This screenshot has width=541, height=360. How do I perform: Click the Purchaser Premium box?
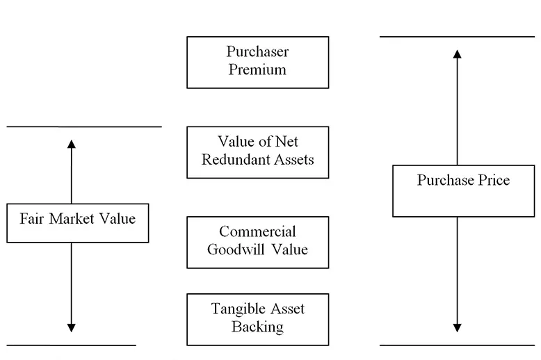[257, 63]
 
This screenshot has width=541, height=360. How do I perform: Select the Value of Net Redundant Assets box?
[257, 152]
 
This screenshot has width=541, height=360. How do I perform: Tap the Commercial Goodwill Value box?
[257, 242]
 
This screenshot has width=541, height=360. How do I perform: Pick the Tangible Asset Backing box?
[257, 319]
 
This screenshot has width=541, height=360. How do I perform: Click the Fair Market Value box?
[77, 222]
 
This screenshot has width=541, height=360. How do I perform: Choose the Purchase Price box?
[463, 190]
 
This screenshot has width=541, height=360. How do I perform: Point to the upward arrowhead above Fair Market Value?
[71, 144]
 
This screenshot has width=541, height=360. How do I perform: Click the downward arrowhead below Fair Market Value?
[71, 327]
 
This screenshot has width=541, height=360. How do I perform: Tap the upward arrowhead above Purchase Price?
[457, 54]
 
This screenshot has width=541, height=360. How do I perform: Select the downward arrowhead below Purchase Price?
[457, 327]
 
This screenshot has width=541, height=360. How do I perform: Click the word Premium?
[257, 69]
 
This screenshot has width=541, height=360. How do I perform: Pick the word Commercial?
[257, 232]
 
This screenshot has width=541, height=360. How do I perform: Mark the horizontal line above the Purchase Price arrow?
[457, 37]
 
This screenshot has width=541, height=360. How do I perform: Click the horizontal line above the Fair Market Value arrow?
[83, 127]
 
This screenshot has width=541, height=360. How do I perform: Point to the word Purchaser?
[257, 52]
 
